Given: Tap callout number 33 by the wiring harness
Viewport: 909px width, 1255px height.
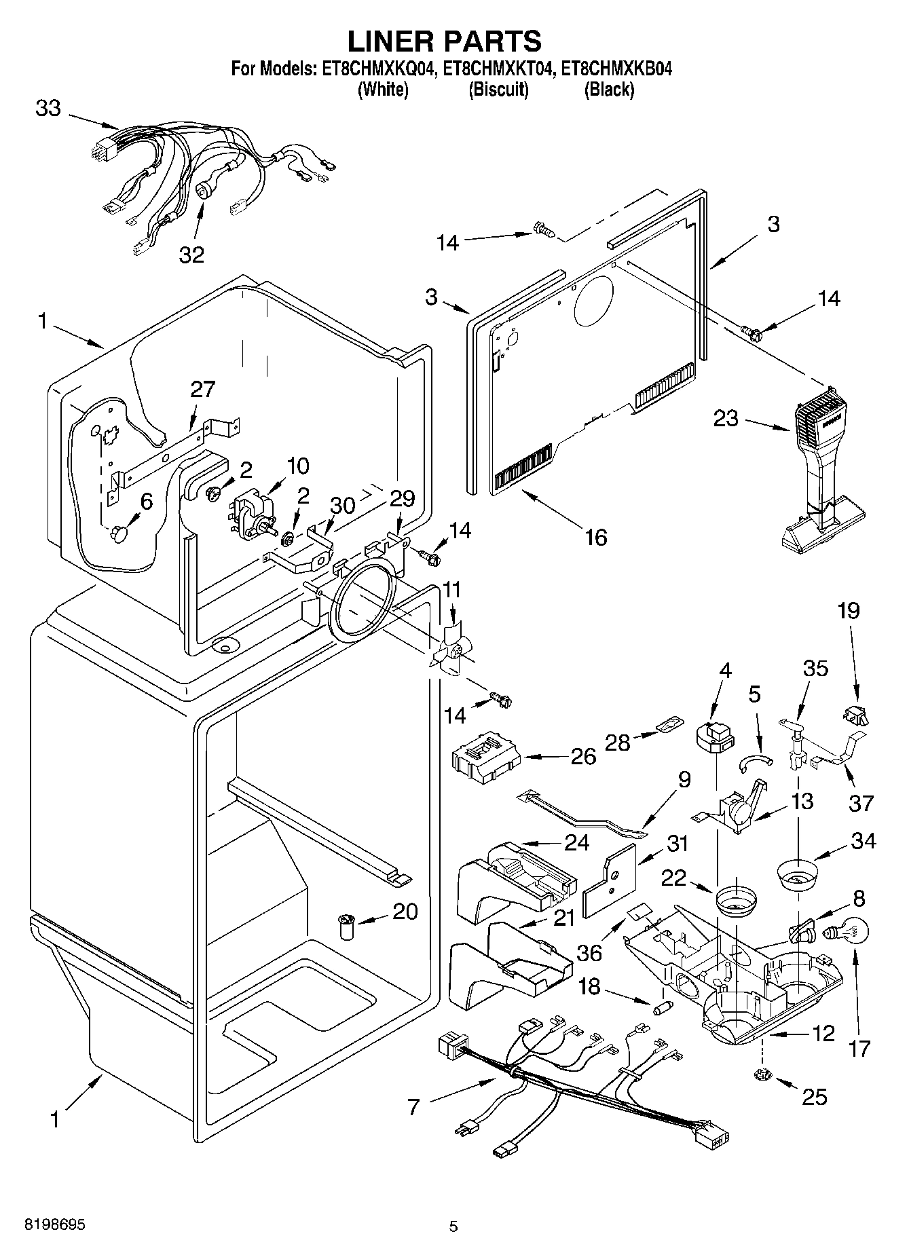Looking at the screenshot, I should point(48,109).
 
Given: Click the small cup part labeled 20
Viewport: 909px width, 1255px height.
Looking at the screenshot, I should point(347,926).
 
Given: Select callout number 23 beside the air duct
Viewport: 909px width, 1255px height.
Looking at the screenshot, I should point(726,418).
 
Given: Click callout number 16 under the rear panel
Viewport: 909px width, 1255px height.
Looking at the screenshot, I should point(595,537).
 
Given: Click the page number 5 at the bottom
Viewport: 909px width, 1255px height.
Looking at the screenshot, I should point(453,1226).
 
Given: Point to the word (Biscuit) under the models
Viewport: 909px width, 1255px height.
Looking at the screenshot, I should point(498,90).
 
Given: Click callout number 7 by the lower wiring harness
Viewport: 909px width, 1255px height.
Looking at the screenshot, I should point(413,1108).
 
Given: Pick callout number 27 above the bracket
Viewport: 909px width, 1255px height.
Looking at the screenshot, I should point(202,389).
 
